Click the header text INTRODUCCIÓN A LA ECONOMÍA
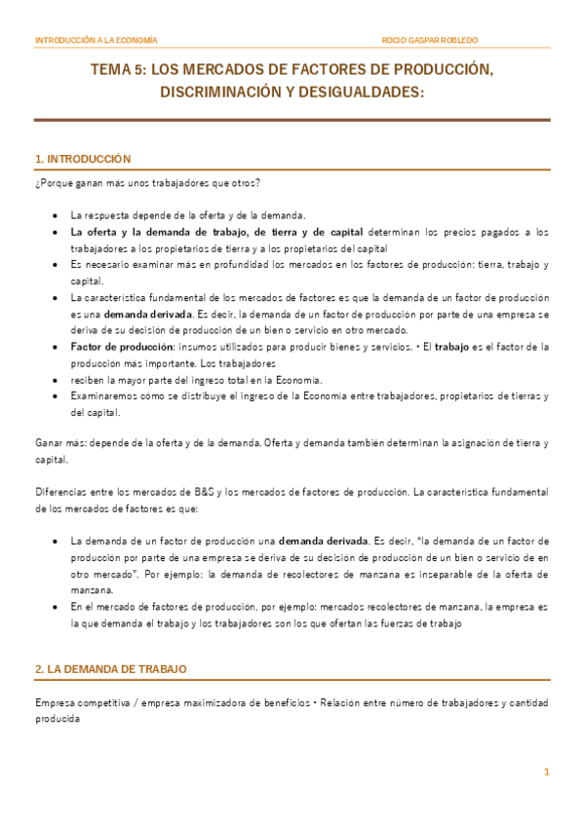coord(96,40)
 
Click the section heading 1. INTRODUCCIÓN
coord(82,158)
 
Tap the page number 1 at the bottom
coord(547,772)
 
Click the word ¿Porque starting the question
coord(55,182)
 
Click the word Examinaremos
coord(104,396)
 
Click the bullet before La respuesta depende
coord(53,215)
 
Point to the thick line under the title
coord(292,120)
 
